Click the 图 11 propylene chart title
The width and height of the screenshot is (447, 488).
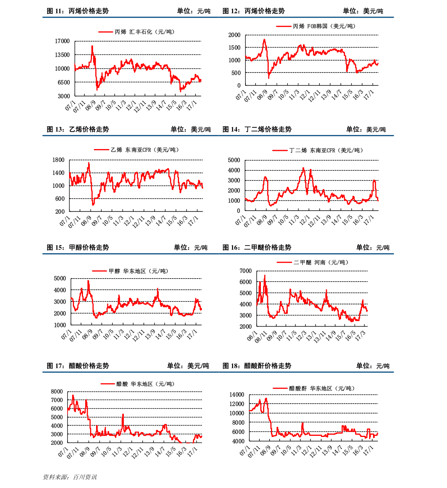pyautogui.click(x=78, y=11)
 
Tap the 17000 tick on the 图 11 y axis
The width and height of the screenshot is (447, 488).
pyautogui.click(x=62, y=41)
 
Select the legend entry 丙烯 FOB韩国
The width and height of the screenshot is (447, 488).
pyautogui.click(x=316, y=26)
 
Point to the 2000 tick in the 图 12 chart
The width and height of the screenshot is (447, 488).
pyautogui.click(x=234, y=35)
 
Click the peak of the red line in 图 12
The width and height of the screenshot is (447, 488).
pyautogui.click(x=264, y=39)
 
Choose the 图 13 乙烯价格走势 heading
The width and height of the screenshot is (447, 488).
pyautogui.click(x=78, y=129)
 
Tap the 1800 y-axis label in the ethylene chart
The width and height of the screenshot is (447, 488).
pyautogui.click(x=59, y=160)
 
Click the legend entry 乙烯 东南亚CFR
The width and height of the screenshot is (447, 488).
pyautogui.click(x=136, y=150)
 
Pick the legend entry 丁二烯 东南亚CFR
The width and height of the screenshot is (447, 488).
pyautogui.click(x=318, y=150)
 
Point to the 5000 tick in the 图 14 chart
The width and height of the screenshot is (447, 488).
pyautogui.click(x=234, y=160)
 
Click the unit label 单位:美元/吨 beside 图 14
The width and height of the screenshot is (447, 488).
pyautogui.click(x=366, y=129)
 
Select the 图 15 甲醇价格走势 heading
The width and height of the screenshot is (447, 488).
pyautogui.click(x=78, y=247)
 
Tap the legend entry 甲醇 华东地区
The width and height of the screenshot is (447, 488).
pyautogui.click(x=130, y=271)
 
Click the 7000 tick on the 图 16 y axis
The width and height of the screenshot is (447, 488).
pyautogui.click(x=245, y=271)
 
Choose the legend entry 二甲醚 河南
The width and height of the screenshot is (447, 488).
pyautogui.click(x=312, y=262)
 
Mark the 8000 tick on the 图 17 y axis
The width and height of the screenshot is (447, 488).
pyautogui.click(x=57, y=392)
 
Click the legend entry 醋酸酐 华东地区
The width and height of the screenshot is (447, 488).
pyautogui.click(x=313, y=388)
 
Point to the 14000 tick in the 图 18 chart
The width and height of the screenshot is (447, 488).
pyautogui.click(x=237, y=394)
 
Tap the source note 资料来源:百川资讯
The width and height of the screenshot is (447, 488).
pyautogui.click(x=70, y=477)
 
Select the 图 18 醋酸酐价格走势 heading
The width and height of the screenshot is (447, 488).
pyautogui.click(x=257, y=366)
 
